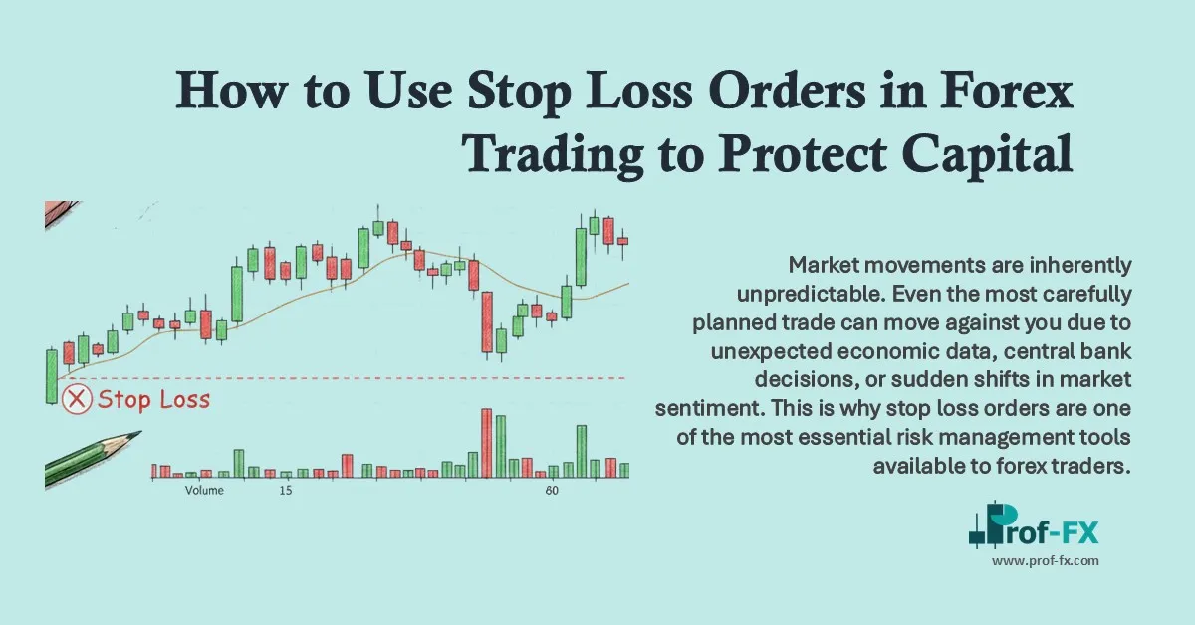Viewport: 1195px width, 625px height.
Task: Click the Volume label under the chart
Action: pos(204,491)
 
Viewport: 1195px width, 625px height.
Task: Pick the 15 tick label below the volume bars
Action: pos(286,491)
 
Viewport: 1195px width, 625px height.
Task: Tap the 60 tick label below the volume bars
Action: pos(551,491)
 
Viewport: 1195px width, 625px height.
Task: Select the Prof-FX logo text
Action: pos(1056,534)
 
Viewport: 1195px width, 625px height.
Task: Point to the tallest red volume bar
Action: pos(486,442)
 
